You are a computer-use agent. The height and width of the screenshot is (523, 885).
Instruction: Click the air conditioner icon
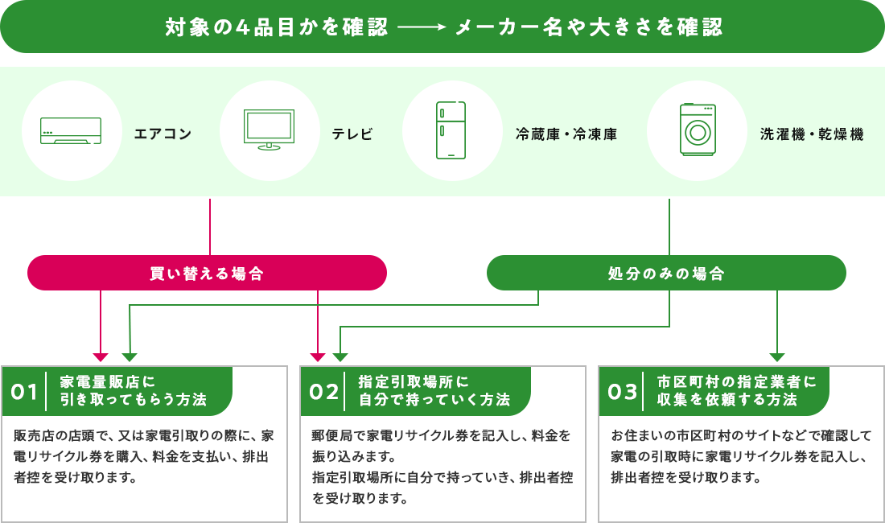pyautogui.click(x=72, y=131)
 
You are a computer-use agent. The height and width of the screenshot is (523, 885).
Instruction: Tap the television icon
pyautogui.click(x=269, y=130)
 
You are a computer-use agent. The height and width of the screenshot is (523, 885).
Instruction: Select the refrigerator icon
pyautogui.click(x=451, y=130)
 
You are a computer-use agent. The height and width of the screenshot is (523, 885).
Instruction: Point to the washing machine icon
pyautogui.click(x=697, y=130)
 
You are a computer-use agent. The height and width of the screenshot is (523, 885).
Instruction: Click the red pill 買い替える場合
pyautogui.click(x=207, y=274)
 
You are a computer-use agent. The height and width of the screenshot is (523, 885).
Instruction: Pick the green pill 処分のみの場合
pyautogui.click(x=666, y=274)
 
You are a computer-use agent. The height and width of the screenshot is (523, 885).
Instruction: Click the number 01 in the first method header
pyautogui.click(x=25, y=392)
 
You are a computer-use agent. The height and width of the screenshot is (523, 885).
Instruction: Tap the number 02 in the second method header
pyautogui.click(x=324, y=392)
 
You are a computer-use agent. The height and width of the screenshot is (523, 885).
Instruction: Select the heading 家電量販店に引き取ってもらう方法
pyautogui.click(x=133, y=390)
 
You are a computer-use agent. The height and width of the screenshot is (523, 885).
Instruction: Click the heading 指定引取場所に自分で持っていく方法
pyautogui.click(x=434, y=390)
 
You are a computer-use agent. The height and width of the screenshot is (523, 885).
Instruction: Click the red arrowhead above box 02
pyautogui.click(x=319, y=357)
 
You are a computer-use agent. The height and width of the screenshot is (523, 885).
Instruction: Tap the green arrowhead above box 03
pyautogui.click(x=776, y=357)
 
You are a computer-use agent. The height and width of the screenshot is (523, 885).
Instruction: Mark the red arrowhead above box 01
pyautogui.click(x=101, y=357)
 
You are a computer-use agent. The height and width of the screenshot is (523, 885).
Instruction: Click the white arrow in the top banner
pyautogui.click(x=421, y=28)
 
